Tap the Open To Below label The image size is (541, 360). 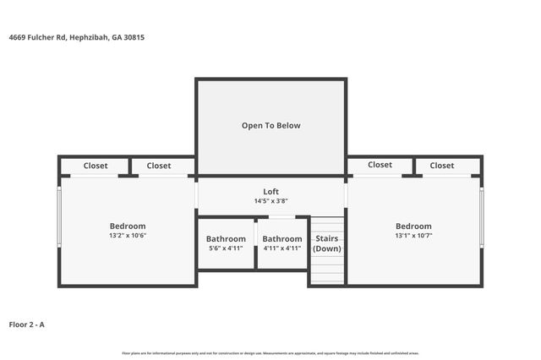tap(270, 125)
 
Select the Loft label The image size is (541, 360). tap(270, 192)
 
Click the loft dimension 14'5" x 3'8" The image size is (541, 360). tap(270, 201)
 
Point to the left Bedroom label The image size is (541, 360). tap(128, 226)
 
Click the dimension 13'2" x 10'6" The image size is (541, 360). tap(128, 236)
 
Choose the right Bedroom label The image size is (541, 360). tap(413, 226)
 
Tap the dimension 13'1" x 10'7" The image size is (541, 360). tap(413, 236)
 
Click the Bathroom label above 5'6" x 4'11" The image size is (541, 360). tap(226, 239)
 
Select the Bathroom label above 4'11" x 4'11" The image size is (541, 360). tap(281, 239)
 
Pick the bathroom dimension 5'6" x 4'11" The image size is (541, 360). tap(226, 248)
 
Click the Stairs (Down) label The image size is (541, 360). tap(327, 243)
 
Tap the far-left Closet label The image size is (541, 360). tap(96, 166)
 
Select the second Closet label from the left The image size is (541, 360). tap(158, 166)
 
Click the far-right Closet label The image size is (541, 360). tap(442, 166)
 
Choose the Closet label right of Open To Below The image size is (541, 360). tap(380, 165)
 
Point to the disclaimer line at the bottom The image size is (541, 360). tap(270, 352)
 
